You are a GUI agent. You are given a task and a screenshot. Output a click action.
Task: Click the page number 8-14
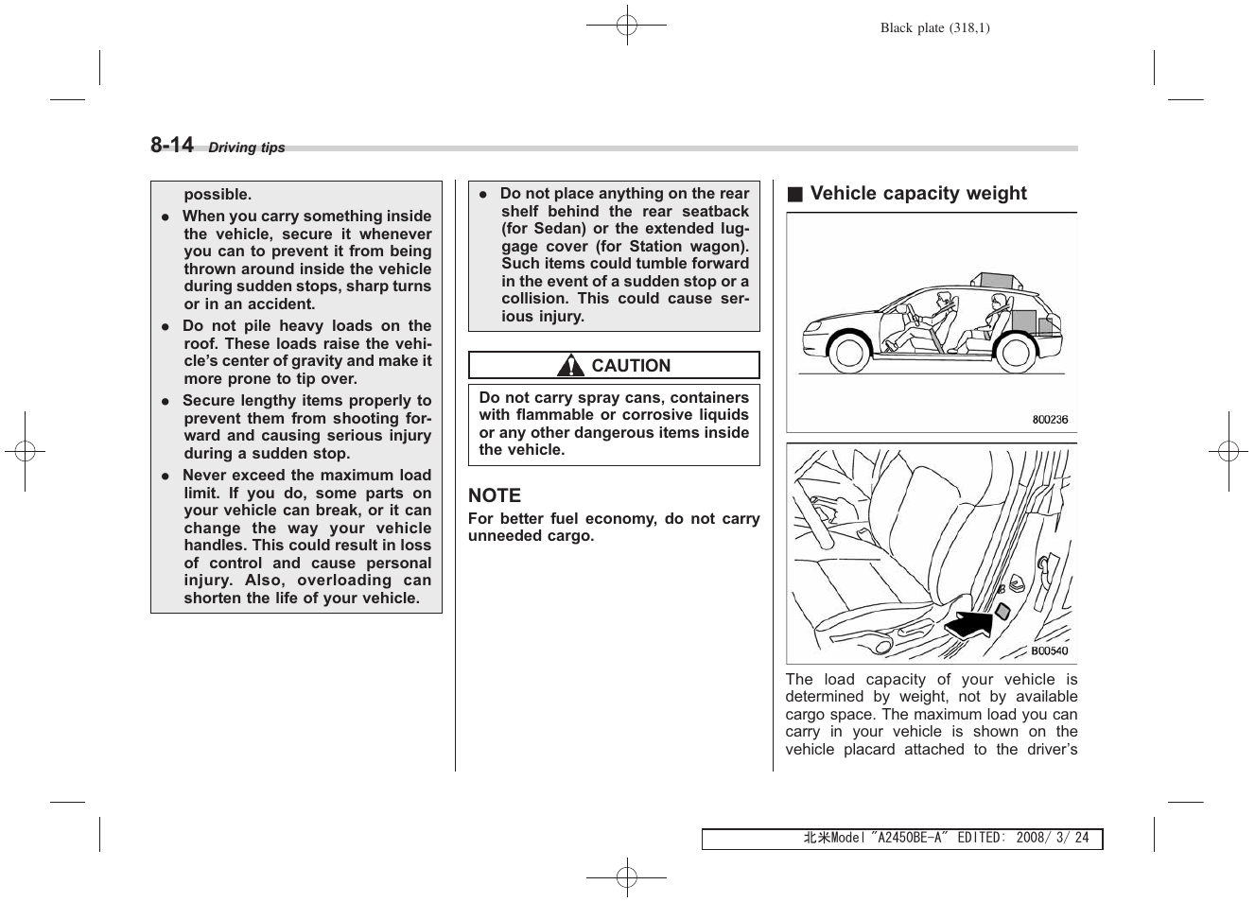tap(172, 145)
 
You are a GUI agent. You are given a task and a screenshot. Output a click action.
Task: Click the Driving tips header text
tap(246, 147)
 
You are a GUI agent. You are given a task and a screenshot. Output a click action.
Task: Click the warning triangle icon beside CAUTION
tap(570, 365)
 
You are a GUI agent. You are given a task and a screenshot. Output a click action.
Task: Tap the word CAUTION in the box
tap(631, 366)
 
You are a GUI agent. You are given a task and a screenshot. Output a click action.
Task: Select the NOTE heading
tap(495, 495)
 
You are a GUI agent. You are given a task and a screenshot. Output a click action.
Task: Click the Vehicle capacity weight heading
tap(917, 194)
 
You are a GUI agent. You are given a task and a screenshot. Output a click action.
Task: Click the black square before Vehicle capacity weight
tap(795, 195)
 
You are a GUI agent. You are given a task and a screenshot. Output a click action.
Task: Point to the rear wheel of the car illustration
tap(1016, 353)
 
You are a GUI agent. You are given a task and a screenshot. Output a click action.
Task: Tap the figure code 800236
tap(1050, 419)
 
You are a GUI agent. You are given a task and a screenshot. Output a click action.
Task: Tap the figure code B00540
tap(1050, 650)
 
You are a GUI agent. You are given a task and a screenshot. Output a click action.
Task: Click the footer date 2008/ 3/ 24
tap(1053, 839)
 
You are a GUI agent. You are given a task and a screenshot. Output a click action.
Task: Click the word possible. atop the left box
tap(218, 195)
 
